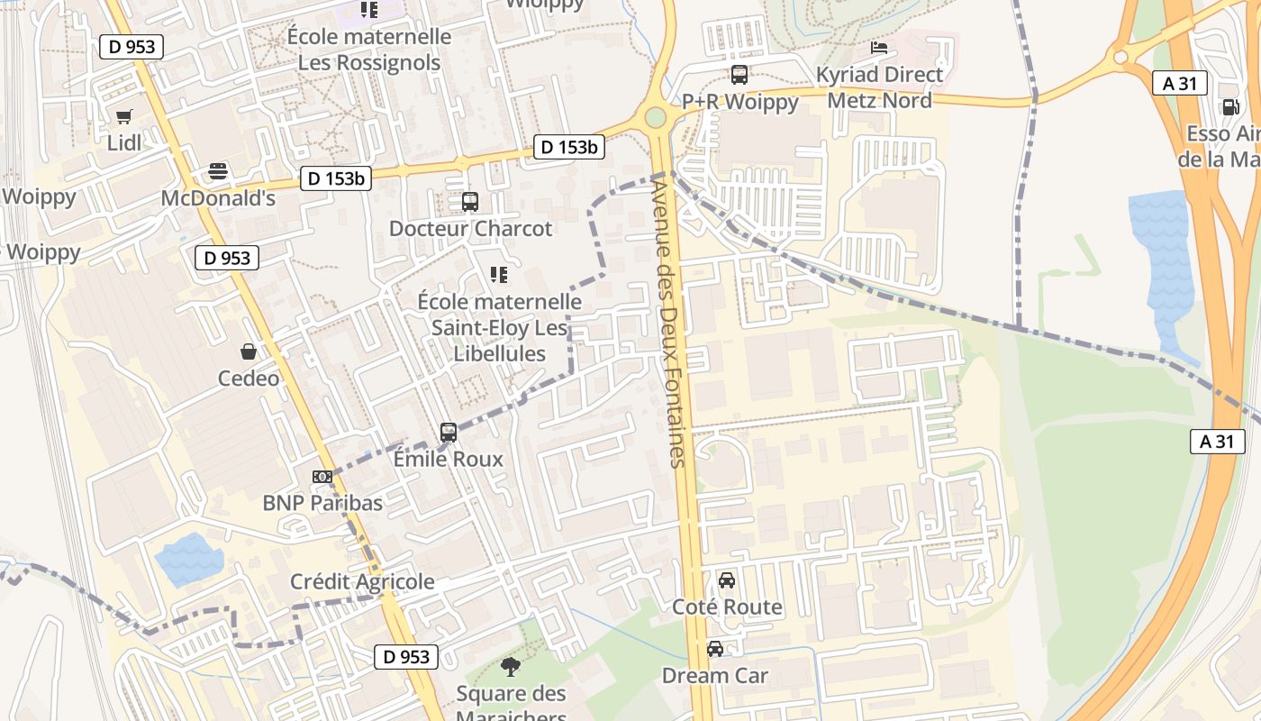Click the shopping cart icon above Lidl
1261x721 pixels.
[x=124, y=116]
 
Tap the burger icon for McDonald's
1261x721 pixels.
[x=218, y=171]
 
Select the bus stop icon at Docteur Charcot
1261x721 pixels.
[x=469, y=202]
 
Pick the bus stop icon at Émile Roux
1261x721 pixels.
[x=449, y=433]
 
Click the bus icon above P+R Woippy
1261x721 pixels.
[x=739, y=75]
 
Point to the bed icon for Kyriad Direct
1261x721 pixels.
[x=879, y=48]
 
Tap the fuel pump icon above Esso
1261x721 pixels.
[x=1230, y=107]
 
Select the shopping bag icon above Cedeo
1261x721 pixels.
[x=249, y=351]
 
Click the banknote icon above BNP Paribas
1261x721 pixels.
[x=322, y=477]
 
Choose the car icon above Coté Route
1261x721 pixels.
[x=727, y=580]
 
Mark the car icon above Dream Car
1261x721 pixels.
[x=715, y=649]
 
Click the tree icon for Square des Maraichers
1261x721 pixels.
[x=511, y=668]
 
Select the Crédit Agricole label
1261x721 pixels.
[x=362, y=582]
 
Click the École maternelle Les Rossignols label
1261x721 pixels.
[x=369, y=50]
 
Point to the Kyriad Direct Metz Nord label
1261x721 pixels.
[x=879, y=87]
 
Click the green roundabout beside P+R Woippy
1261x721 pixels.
[x=655, y=117]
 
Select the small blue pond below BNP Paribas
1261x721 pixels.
[x=189, y=559]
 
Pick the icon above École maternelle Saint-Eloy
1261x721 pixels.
[x=498, y=275]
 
